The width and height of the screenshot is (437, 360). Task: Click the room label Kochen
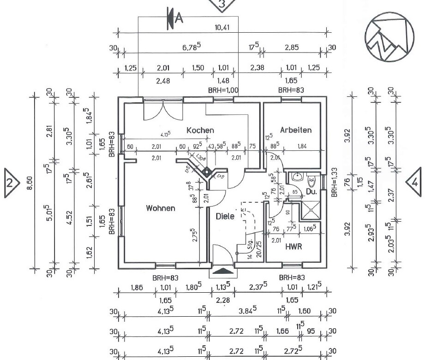click(200, 130)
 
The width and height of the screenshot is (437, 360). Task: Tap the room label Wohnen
click(161, 208)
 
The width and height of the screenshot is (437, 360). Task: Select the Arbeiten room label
click(295, 130)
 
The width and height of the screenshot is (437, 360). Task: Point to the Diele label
click(225, 216)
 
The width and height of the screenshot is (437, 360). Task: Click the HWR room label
click(293, 247)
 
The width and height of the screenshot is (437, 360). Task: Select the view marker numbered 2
click(11, 182)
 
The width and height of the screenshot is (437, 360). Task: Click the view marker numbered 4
click(414, 183)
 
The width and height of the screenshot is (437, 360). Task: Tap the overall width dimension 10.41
click(222, 27)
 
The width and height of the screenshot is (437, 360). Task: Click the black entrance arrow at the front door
click(222, 272)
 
